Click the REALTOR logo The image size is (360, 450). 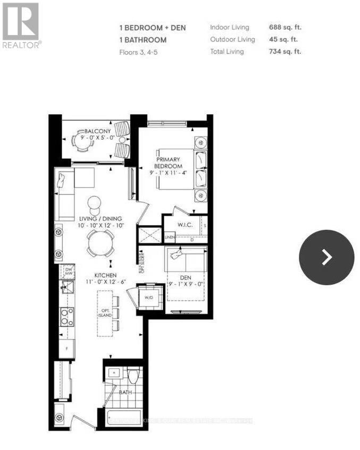click(21, 26)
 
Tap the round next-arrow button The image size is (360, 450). click(326, 258)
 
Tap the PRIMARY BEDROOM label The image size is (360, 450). click(168, 163)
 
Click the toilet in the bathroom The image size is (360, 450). click(133, 377)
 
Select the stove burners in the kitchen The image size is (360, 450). click(67, 317)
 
